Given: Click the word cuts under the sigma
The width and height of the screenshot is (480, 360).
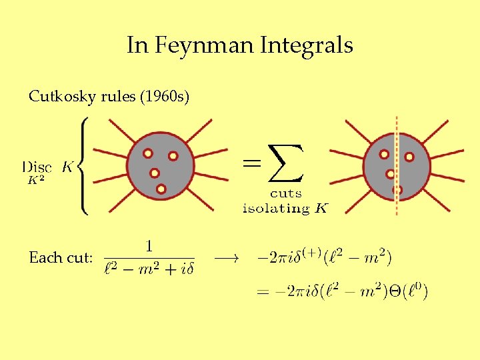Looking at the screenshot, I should (x=285, y=194).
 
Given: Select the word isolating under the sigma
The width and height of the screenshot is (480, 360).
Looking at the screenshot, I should (x=276, y=208).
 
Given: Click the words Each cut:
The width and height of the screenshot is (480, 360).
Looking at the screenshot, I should (x=61, y=257).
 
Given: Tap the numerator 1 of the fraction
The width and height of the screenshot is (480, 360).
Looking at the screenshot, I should (x=149, y=246).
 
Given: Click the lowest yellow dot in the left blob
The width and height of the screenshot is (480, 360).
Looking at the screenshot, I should (x=161, y=189).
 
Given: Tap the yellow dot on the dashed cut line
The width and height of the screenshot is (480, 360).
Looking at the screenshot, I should (x=397, y=190).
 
